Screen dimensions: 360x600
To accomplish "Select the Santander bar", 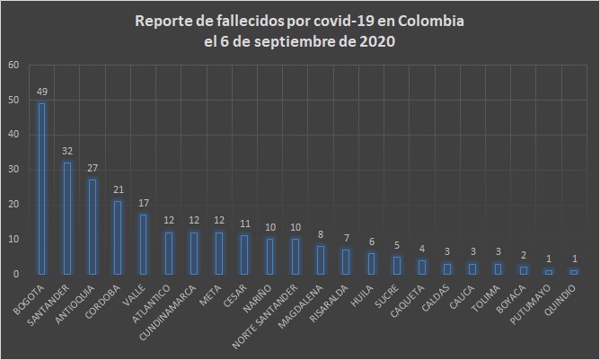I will (66, 218).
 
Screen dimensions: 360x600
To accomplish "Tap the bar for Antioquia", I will (92, 226).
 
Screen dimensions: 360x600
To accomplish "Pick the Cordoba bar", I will (118, 237).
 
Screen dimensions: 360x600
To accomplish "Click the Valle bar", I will (143, 244).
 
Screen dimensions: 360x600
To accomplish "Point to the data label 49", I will (41, 92).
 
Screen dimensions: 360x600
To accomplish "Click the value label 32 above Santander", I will (66, 151).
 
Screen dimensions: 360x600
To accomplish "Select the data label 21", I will (118, 189).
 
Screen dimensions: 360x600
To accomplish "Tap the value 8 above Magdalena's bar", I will (321, 235).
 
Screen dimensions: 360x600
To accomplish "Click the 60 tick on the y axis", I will (13, 66).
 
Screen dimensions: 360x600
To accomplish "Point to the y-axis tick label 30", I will (13, 170).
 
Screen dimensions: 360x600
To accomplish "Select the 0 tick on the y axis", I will (15, 274).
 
